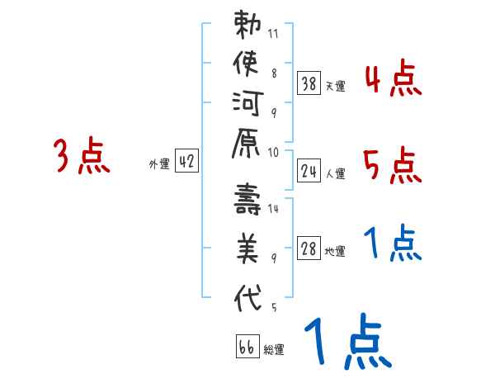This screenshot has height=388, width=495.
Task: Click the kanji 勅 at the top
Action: (248, 26)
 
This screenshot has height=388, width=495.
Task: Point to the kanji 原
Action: (248, 150)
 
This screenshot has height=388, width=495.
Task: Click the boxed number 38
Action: (309, 83)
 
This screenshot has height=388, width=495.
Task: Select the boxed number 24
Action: (309, 171)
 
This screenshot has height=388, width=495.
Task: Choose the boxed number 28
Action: (309, 249)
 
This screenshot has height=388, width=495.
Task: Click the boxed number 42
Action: (186, 162)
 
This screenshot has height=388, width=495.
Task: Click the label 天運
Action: (335, 85)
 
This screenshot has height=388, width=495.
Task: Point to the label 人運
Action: (335, 173)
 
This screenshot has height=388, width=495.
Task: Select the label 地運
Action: (335, 252)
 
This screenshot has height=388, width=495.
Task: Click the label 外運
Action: (159, 163)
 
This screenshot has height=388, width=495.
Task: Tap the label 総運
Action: (274, 349)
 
